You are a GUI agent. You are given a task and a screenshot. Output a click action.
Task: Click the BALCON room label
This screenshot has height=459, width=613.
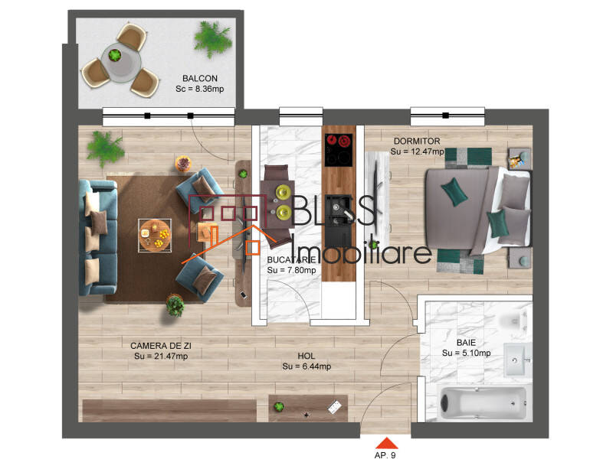pos(200,78)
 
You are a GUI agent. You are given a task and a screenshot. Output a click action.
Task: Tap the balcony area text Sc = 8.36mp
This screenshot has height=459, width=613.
pos(200,89)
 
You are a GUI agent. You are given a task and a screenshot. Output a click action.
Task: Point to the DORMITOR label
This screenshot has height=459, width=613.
pos(416,142)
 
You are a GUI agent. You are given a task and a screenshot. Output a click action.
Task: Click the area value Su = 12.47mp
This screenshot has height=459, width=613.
pos(417,152)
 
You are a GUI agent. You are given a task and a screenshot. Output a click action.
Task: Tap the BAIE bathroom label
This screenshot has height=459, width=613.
pos(466,343)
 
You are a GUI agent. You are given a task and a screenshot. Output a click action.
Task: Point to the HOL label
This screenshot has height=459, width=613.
pos(306,356)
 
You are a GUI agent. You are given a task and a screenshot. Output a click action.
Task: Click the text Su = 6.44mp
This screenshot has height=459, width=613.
pos(306,366)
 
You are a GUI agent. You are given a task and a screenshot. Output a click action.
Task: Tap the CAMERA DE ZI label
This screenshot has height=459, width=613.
pos(160,345)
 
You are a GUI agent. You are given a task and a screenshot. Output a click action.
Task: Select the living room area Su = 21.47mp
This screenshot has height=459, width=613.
pos(160,356)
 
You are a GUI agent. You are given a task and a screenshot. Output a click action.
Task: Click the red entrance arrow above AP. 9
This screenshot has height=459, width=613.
pos(387,443)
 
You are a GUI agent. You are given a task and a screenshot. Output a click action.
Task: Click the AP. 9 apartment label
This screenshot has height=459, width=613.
pos(387,454)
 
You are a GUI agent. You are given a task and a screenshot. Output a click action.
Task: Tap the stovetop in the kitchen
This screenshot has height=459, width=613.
pos(338,150)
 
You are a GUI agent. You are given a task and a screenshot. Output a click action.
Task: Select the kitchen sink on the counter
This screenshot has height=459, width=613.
pos(337,216)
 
